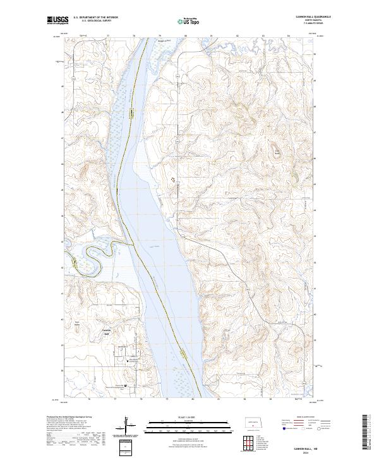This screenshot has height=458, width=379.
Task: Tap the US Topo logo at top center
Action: [x=189, y=21]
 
